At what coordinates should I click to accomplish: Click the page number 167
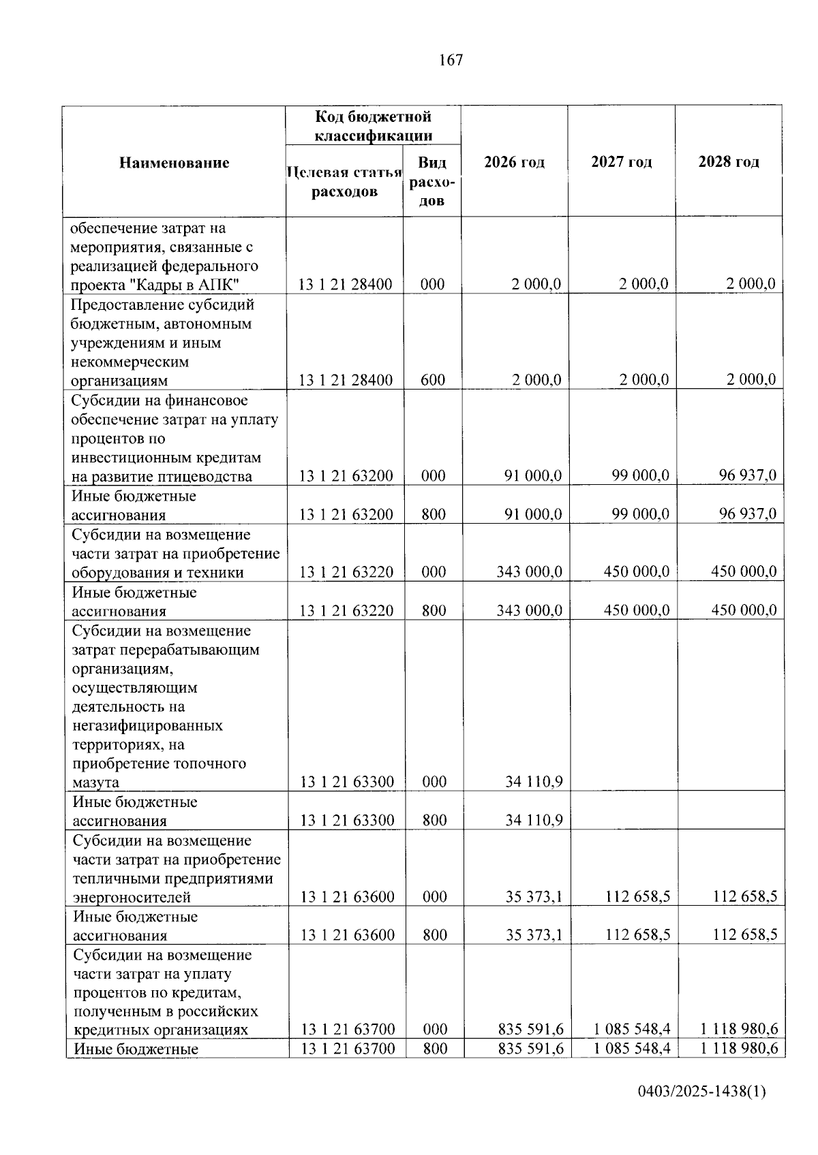[x=451, y=60]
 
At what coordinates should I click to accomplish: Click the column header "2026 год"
[x=514, y=162]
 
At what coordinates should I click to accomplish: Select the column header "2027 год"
[x=621, y=162]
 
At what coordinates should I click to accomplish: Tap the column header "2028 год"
[x=728, y=162]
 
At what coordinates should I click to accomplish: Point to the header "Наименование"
[x=175, y=163]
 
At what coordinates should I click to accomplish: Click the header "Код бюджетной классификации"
[x=373, y=126]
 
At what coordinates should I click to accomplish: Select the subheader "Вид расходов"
[x=432, y=182]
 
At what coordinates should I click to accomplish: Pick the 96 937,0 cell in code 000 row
[x=747, y=475]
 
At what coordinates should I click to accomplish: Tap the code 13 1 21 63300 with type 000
[x=347, y=782]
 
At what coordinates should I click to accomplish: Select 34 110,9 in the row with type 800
[x=534, y=820]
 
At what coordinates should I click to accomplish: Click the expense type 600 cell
[x=433, y=380]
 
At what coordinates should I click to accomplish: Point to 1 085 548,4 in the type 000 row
[x=632, y=1029]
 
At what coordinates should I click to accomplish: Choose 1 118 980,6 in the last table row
[x=739, y=1048]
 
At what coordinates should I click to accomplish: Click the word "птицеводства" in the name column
[x=207, y=476]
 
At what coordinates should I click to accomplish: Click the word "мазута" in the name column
[x=96, y=782]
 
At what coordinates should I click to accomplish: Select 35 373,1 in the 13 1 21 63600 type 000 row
[x=534, y=896]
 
